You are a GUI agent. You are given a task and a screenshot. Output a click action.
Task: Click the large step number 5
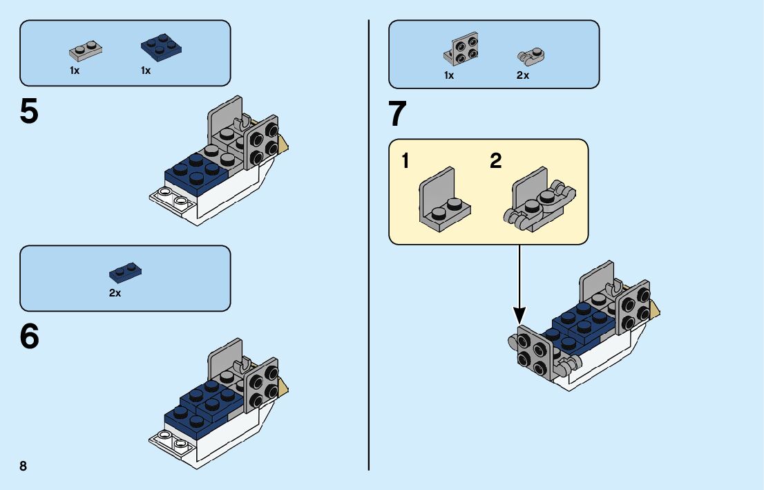tap(29, 111)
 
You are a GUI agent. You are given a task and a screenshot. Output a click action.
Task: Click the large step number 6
tap(30, 337)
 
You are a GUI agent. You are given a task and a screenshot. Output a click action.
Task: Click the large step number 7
tap(398, 115)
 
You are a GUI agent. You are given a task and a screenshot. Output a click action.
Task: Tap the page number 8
tap(23, 466)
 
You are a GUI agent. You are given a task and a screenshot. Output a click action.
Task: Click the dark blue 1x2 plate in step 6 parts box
tap(126, 272)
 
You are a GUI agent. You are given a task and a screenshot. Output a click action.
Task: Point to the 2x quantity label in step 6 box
tap(115, 293)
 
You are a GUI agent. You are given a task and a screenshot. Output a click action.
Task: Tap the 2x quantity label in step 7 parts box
tap(522, 75)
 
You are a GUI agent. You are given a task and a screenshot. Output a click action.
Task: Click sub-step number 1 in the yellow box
tap(405, 162)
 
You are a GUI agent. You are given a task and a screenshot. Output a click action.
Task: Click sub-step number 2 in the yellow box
tap(496, 162)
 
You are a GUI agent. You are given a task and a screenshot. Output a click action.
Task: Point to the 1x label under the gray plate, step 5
tap(75, 70)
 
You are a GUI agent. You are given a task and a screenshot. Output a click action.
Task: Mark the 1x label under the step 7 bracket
tap(449, 75)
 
